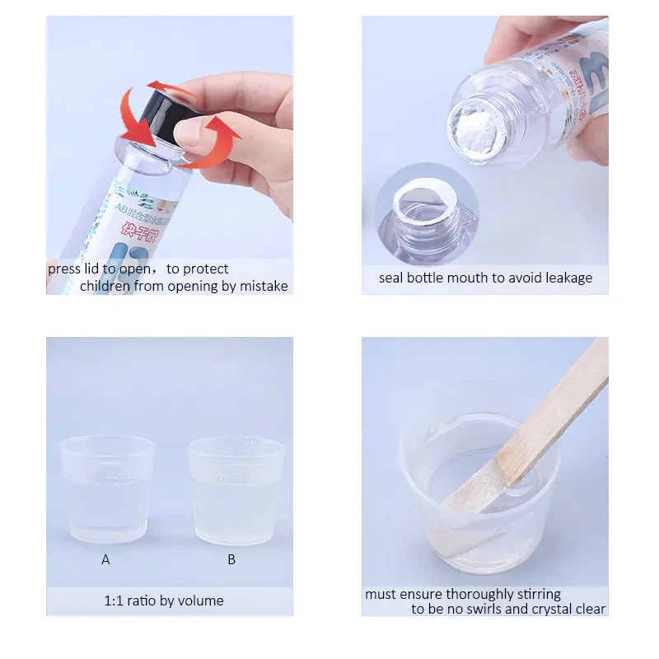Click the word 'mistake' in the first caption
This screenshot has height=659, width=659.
263,286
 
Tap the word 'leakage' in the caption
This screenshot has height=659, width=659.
563,278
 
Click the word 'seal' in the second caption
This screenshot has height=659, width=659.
393,278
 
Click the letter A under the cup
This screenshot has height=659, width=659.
105,559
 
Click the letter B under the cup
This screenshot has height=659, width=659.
231,559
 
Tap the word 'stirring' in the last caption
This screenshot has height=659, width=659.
535,594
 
